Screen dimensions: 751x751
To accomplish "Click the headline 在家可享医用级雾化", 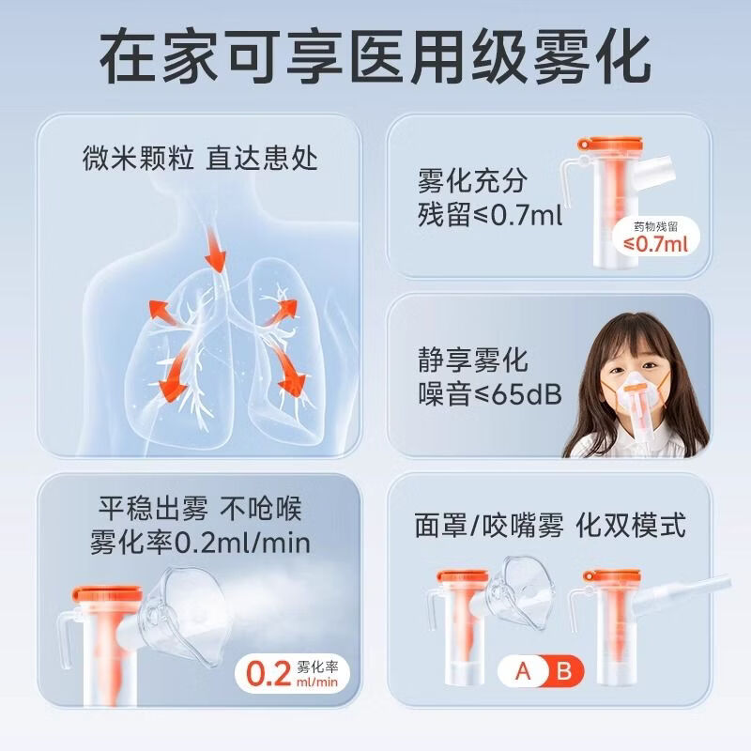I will (x=375, y=58).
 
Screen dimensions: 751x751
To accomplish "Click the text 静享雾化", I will (x=473, y=360).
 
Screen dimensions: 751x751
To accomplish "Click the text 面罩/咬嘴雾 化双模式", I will (x=549, y=525).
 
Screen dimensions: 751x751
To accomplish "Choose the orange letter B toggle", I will (x=564, y=672).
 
